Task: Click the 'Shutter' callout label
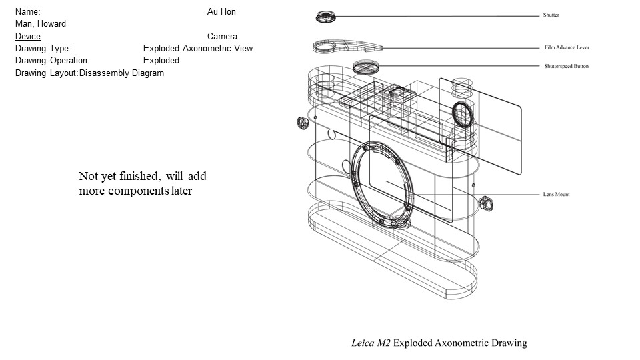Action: tap(551, 15)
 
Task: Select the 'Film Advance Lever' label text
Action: tap(567, 48)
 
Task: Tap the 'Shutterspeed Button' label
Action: tap(566, 66)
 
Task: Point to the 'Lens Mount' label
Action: tap(556, 195)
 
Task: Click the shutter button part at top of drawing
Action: tap(326, 16)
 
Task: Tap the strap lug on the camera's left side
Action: tap(301, 123)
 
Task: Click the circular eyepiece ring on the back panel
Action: tap(461, 114)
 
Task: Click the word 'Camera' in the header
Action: tap(222, 36)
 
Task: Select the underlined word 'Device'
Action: tap(28, 36)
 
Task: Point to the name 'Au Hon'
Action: tap(221, 12)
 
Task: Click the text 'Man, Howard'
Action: tap(41, 24)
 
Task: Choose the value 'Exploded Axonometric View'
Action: tap(198, 48)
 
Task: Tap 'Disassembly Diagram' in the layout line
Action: tap(121, 73)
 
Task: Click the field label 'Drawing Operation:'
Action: tap(53, 60)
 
